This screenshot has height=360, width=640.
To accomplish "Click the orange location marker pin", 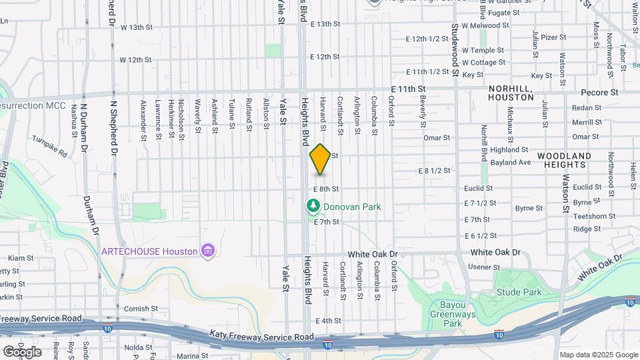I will (x=320, y=159).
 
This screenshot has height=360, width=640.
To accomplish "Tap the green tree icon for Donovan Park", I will (x=311, y=207).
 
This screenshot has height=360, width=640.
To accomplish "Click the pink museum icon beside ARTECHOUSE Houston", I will (x=209, y=251).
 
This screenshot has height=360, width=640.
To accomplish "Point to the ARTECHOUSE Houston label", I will (x=149, y=251).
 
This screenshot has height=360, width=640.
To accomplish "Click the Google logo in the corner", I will (x=22, y=351).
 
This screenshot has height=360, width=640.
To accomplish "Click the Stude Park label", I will (x=519, y=292).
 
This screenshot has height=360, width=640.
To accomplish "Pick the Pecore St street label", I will (x=599, y=91).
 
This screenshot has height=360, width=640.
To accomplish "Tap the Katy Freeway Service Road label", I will (x=261, y=335).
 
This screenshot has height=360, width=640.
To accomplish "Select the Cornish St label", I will (x=141, y=309).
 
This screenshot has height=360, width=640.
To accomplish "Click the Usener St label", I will (x=485, y=267).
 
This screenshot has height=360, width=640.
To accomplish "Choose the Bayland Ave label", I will (x=511, y=162).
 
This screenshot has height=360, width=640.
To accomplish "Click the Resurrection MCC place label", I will (x=31, y=106).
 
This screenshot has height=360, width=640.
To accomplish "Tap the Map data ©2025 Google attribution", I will (x=598, y=355).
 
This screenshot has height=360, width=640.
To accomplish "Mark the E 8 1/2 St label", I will (x=433, y=171).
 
